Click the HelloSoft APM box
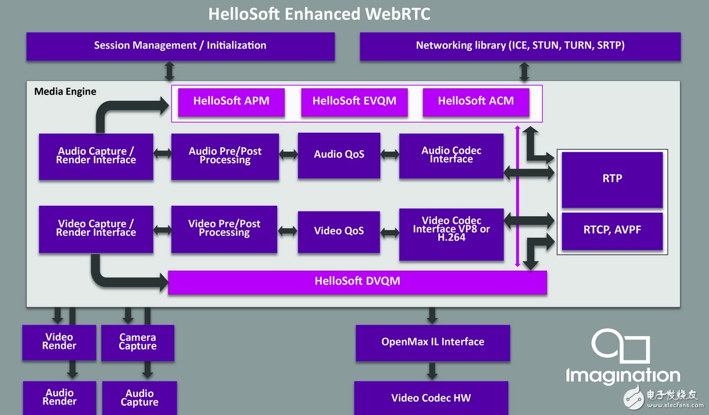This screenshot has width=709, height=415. (231, 102)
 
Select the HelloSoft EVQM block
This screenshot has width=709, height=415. (354, 102)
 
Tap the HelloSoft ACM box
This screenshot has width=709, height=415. (476, 102)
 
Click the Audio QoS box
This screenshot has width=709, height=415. (339, 155)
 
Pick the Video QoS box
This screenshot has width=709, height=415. (339, 231)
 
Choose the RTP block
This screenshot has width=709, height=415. (612, 179)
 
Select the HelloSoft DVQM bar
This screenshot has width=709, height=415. (357, 282)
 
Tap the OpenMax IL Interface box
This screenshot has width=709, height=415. (432, 343)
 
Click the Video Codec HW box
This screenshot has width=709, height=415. (431, 398)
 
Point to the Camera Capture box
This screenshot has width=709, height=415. (138, 342)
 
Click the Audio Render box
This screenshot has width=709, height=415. (60, 398)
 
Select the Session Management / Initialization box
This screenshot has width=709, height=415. (180, 46)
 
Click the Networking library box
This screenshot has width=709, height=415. (520, 46)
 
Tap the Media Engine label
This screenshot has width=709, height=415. (65, 92)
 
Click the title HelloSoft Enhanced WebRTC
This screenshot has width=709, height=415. (319, 14)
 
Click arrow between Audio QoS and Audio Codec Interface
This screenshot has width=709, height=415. (390, 155)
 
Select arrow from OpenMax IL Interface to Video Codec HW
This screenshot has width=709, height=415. (432, 371)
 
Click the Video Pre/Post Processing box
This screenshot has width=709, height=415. (224, 229)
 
